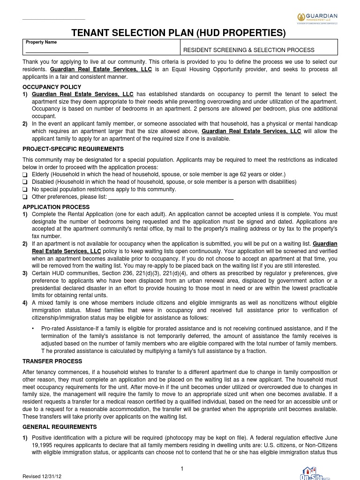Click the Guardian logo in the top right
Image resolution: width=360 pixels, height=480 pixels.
[317, 18]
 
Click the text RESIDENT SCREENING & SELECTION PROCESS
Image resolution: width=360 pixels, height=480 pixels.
[248, 50]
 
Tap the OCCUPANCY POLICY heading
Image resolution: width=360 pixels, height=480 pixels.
[52, 87]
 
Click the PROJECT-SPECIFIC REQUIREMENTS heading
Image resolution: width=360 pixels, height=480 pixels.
[73, 149]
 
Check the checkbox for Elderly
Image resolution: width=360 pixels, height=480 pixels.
[25, 175]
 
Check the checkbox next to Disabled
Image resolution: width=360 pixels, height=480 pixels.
[25, 182]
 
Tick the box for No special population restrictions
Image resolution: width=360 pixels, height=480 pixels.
[25, 190]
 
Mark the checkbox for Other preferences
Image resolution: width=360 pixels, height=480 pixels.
[25, 197]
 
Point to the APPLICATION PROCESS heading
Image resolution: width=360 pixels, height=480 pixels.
[56, 207]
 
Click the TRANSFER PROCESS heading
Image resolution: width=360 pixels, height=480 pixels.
[52, 361]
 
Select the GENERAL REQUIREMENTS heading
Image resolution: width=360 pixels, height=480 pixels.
[60, 427]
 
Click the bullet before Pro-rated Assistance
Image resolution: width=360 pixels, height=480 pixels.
[33, 329]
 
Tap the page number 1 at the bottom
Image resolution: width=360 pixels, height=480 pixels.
[181, 469]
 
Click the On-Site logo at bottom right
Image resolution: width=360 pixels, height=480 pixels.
[314, 473]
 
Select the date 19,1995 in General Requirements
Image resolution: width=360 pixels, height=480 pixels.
[43, 445]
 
